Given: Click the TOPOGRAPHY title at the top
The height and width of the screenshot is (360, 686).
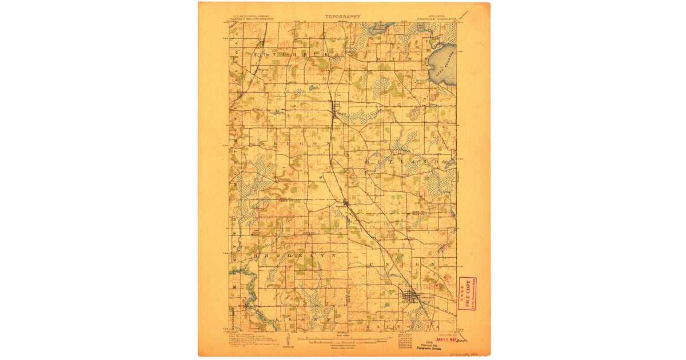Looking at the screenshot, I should pos(343,17).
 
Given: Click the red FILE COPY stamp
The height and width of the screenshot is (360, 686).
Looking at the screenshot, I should pos(467,293).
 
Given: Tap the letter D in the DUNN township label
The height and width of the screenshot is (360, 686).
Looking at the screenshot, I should pos(379,58).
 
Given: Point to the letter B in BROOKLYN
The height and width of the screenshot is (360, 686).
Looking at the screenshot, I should pos(264,255).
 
